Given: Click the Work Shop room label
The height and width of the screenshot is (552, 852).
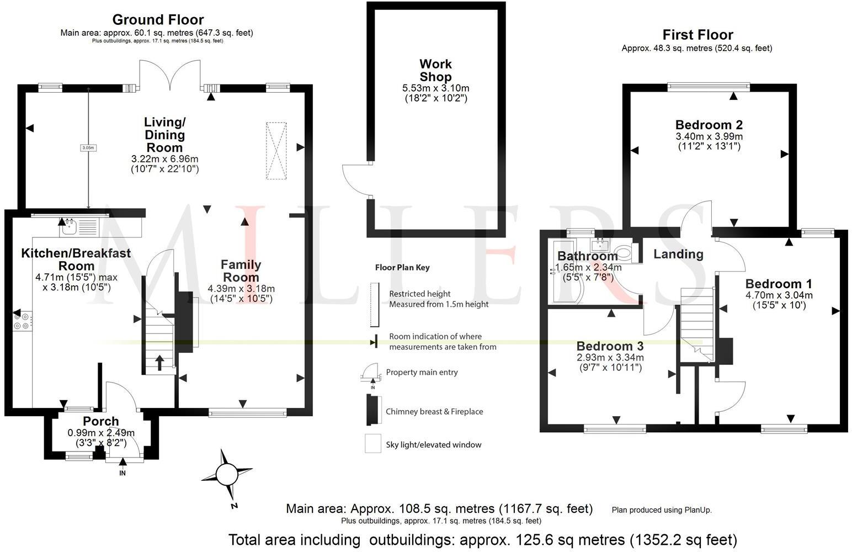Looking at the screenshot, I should [x=435, y=71].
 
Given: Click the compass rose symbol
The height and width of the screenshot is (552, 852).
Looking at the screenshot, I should [x=226, y=474].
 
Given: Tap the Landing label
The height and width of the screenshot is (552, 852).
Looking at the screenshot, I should [x=678, y=254].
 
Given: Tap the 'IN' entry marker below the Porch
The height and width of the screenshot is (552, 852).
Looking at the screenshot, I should [x=123, y=473].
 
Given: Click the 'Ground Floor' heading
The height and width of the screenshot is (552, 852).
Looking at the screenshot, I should [x=158, y=20].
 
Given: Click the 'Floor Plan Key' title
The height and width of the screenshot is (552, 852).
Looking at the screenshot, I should [x=402, y=268].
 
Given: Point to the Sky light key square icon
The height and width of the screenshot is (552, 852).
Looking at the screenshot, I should [x=373, y=444].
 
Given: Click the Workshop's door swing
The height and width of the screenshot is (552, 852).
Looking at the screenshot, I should [x=354, y=179].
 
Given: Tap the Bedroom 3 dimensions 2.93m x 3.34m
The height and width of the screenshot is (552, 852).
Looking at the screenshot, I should [x=609, y=358].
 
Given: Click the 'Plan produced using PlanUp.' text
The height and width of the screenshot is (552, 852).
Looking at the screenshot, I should [x=662, y=510].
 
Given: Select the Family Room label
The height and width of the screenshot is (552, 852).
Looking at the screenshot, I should [x=241, y=270].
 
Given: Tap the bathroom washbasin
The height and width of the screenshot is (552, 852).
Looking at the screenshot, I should [x=599, y=244].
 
